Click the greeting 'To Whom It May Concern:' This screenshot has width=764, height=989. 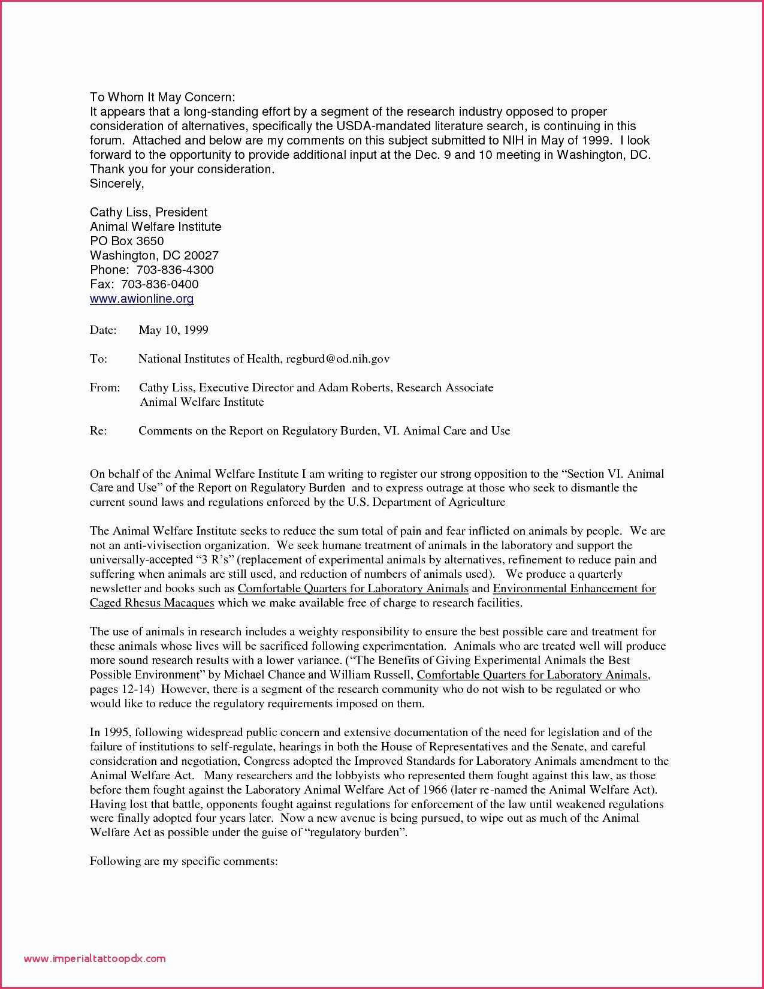click(162, 97)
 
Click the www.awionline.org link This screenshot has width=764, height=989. click(142, 298)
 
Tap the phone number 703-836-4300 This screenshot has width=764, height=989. click(175, 270)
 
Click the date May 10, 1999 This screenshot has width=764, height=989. click(173, 330)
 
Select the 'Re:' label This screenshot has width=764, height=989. click(98, 430)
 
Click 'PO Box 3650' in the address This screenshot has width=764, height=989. click(126, 241)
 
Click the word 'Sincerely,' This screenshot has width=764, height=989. click(117, 183)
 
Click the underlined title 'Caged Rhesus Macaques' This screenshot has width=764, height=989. click(152, 603)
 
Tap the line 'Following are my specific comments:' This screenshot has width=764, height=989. click(183, 861)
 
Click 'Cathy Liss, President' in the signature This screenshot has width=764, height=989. click(149, 212)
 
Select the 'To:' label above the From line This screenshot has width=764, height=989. click(98, 358)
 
